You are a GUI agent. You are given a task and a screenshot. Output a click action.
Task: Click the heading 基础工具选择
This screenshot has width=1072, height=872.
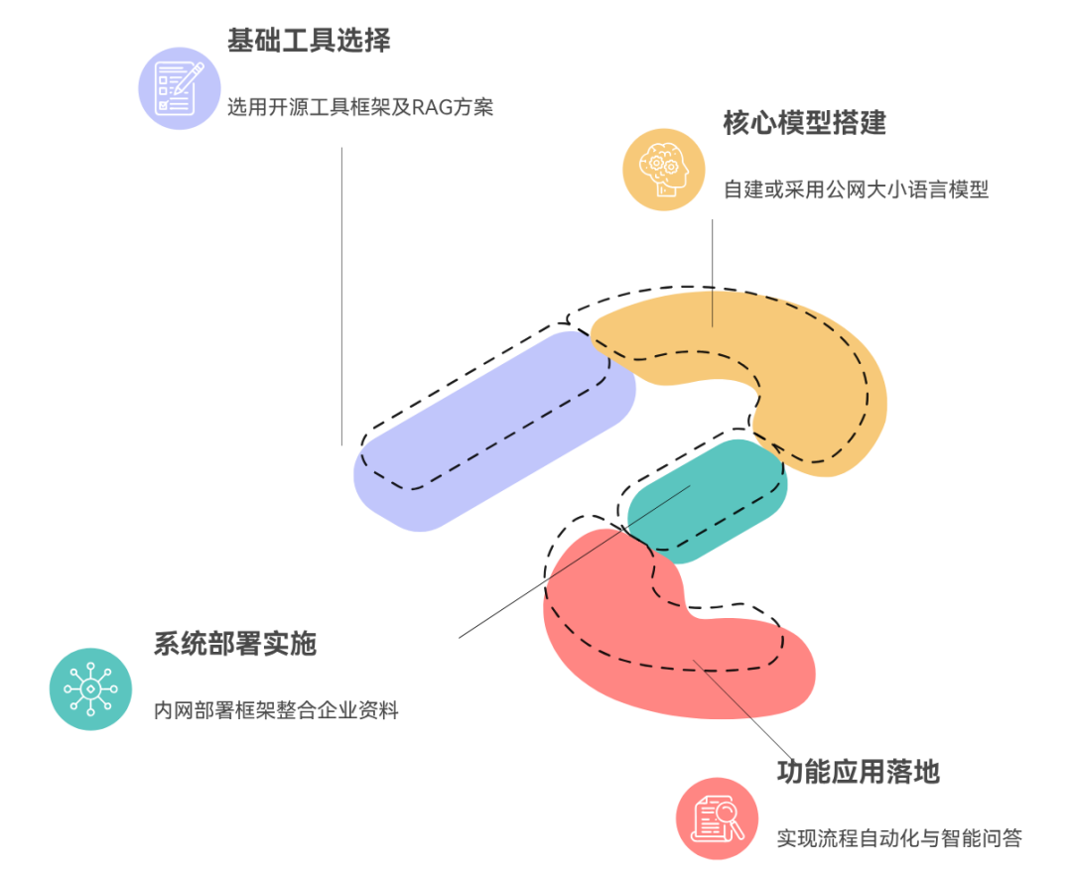(309, 41)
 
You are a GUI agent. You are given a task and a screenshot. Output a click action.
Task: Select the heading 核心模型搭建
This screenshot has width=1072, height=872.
(805, 123)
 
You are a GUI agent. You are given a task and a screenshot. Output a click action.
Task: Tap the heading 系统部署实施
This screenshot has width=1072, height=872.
(235, 644)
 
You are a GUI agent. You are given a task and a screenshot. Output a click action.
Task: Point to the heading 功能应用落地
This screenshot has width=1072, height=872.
(859, 772)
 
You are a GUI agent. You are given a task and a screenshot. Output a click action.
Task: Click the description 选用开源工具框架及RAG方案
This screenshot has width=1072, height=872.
(360, 107)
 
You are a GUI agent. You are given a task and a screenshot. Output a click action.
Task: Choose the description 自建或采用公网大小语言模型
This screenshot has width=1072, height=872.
(856, 189)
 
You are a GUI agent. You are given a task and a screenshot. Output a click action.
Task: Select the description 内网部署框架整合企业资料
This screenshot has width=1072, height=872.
(276, 710)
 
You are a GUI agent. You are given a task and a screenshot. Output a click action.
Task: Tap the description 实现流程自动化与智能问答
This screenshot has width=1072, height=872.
(899, 838)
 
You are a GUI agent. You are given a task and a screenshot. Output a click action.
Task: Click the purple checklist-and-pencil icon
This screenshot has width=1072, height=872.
(180, 88)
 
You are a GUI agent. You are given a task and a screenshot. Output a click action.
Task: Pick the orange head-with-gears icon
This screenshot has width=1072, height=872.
(664, 170)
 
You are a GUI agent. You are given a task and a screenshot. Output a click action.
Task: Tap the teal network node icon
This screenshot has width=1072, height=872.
(91, 688)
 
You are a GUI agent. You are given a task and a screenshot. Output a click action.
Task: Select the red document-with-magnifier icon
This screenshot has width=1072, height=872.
(718, 818)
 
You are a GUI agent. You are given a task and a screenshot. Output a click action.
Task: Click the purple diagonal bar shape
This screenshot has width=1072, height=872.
(494, 431)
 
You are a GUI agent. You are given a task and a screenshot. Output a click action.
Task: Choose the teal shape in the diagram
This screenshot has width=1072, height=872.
(708, 501)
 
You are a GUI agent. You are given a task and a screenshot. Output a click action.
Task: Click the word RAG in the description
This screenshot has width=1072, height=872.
(432, 107)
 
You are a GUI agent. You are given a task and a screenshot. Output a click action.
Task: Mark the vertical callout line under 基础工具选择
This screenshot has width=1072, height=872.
(341, 297)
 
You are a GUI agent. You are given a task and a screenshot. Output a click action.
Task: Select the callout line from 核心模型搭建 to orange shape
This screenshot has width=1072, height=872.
(713, 274)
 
